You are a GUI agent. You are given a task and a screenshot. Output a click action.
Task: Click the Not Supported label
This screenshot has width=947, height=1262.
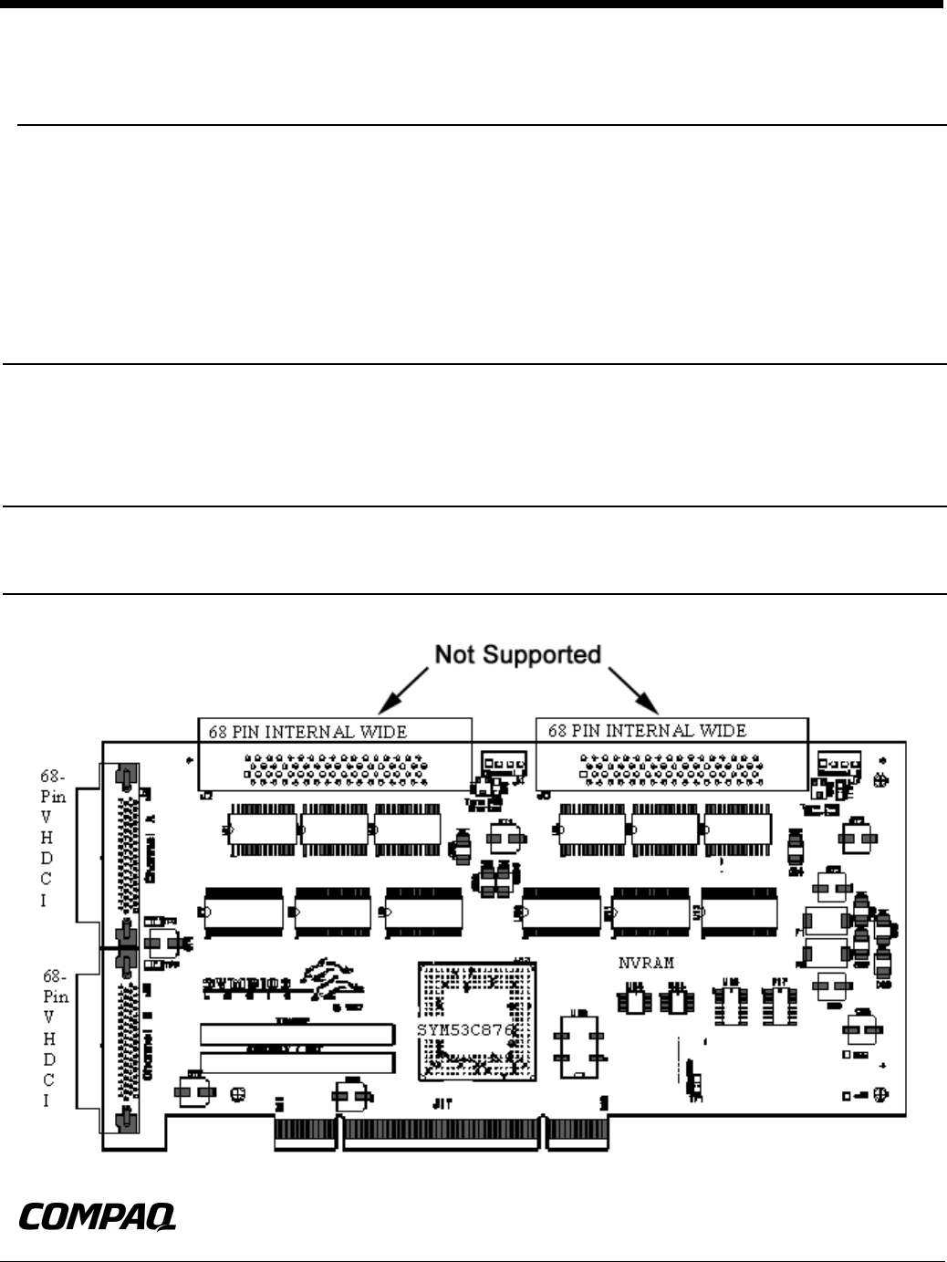516,655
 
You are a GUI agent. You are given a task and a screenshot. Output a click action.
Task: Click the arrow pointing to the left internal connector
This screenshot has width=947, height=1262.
401,690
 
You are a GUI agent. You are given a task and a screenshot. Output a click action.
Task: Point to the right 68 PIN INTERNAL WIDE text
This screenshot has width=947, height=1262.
647,731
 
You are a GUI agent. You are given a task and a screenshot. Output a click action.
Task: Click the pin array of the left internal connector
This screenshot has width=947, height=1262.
333,770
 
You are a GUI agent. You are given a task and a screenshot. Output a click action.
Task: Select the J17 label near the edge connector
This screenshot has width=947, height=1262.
443,1102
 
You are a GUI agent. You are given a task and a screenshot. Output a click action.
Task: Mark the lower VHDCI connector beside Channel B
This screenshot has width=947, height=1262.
127,1040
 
